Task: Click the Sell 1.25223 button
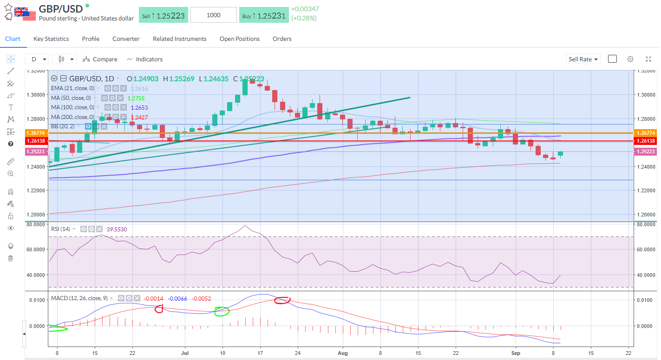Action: point(164,15)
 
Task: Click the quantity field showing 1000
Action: point(213,15)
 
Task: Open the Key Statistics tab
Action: point(51,39)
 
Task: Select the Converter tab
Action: point(126,39)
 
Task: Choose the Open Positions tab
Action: point(240,39)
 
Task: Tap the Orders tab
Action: point(282,39)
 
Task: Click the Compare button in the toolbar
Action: point(100,59)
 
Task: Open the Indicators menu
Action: point(144,59)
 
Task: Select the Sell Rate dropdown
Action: point(583,59)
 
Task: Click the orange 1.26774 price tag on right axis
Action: point(646,133)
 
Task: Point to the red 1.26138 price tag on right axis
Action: point(646,141)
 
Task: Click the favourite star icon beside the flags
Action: point(8,7)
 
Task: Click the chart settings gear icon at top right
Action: point(630,59)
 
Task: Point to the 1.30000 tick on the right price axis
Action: point(646,95)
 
